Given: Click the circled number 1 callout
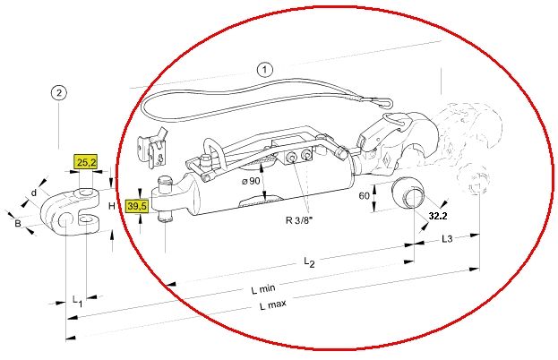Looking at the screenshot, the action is point(264,70).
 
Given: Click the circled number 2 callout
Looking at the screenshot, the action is point(59,93).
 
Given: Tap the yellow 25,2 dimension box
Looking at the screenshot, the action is point(85,162).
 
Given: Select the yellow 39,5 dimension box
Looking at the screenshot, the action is point(137,206).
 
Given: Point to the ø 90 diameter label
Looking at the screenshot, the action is point(251,181).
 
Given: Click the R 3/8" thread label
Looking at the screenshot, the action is point(299,219).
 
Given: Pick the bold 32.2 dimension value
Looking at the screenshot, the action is point(438,215).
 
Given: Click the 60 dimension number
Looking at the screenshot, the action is point(364,195).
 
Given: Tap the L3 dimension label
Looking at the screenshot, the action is point(447,238).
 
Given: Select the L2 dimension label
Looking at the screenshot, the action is point(309,262).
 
